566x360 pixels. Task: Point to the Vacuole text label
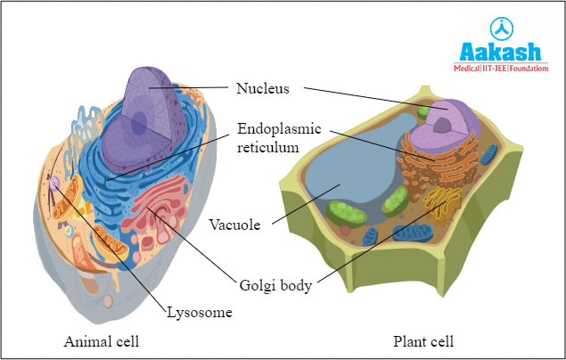tap(235, 225)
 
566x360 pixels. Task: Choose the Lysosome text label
tap(201, 312)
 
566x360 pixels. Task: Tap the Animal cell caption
tap(101, 340)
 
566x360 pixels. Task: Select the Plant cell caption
tap(423, 340)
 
